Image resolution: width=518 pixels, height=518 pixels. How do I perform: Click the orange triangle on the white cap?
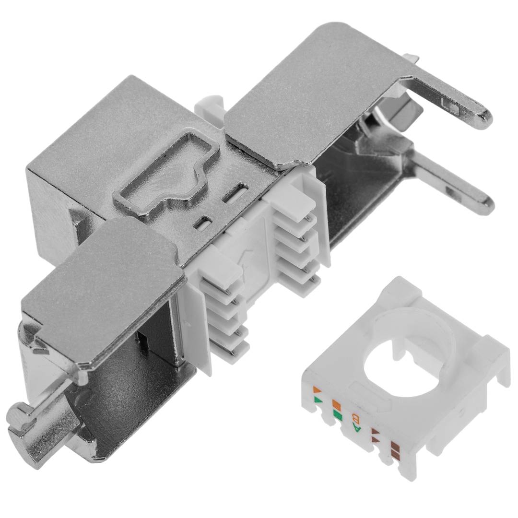click(x=317, y=389)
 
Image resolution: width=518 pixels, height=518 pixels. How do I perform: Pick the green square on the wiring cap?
click(x=338, y=414)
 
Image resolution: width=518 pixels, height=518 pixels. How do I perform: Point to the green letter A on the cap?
click(x=357, y=428)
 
